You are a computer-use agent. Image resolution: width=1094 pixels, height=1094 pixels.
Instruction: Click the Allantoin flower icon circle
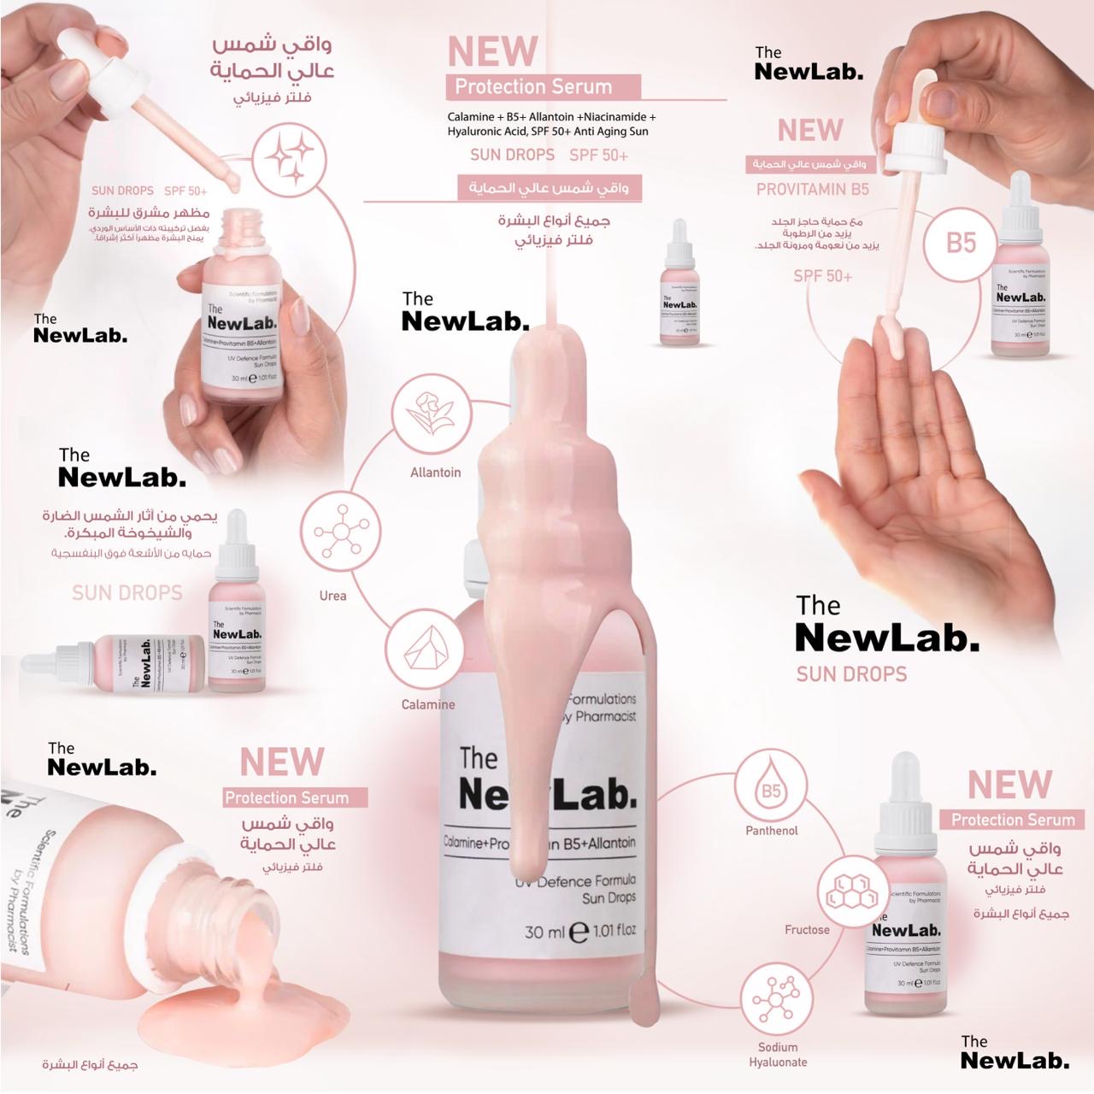pyautogui.click(x=432, y=414)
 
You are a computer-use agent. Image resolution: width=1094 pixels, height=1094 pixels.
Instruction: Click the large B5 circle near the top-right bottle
pyautogui.click(x=961, y=243)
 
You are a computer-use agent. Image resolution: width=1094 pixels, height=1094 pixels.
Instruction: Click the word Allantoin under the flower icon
pyautogui.click(x=435, y=473)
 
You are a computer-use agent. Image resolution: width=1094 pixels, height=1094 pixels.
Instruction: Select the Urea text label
pyautogui.click(x=332, y=596)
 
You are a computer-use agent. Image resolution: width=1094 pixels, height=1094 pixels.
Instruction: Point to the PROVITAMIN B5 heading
pyautogui.click(x=812, y=189)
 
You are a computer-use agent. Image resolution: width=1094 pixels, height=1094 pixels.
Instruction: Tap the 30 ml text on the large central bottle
pyautogui.click(x=544, y=932)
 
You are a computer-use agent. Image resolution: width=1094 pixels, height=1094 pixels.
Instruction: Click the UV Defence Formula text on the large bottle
pyautogui.click(x=574, y=881)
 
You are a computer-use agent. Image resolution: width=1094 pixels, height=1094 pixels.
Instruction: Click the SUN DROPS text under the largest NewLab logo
pyautogui.click(x=851, y=674)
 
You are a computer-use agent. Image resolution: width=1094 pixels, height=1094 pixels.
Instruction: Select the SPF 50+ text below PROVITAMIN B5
pyautogui.click(x=822, y=276)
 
